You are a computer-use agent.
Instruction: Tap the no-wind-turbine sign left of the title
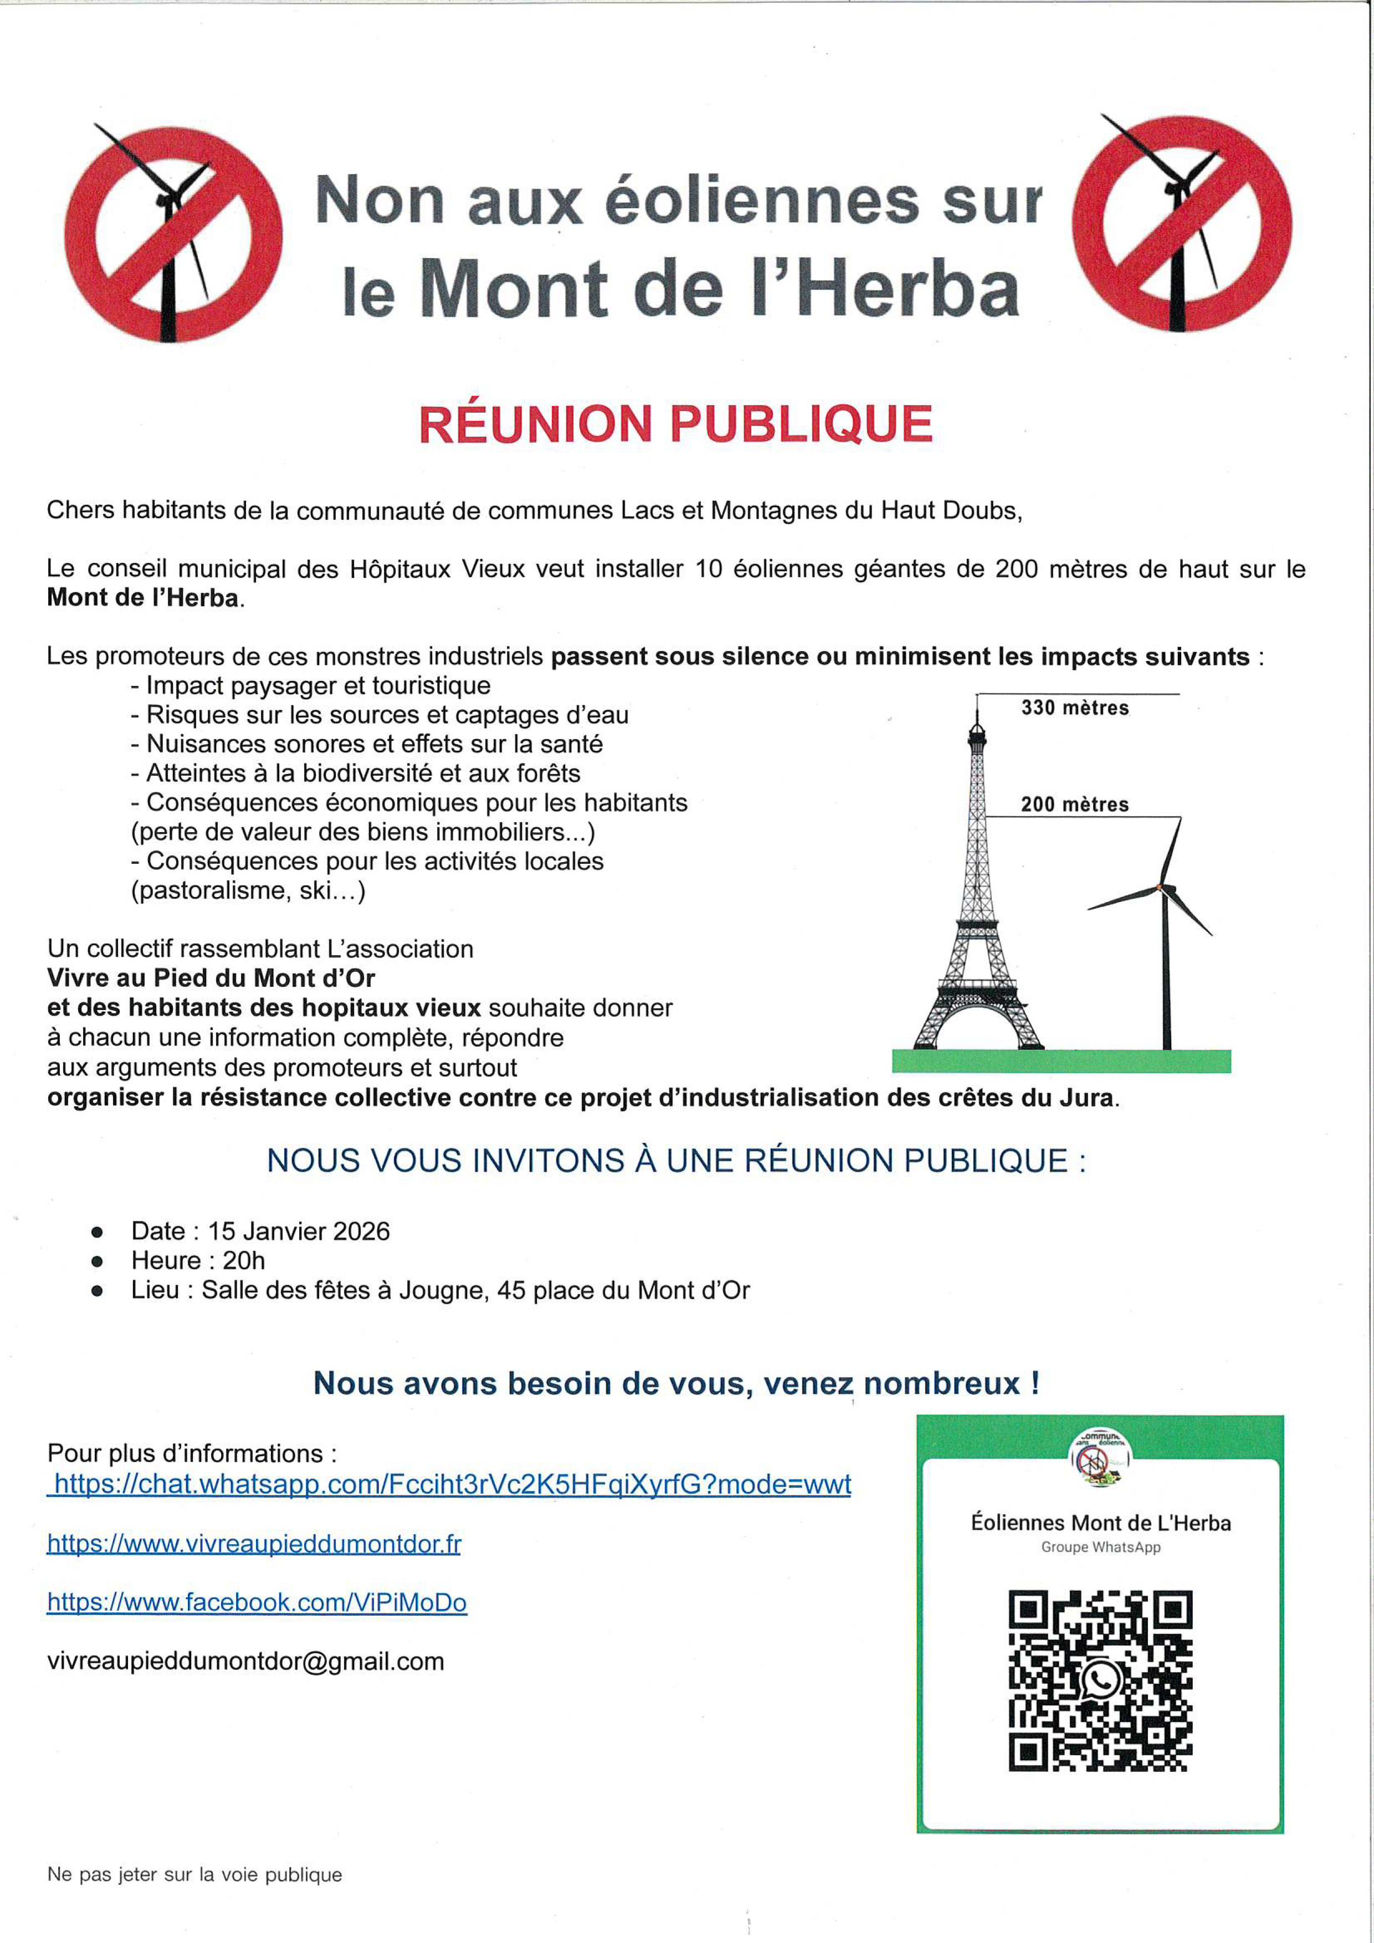173,234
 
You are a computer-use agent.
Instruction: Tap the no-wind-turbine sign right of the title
1181,223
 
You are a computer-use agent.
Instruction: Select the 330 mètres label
1074,708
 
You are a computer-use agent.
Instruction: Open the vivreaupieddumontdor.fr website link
254,1543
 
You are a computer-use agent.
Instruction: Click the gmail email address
245,1661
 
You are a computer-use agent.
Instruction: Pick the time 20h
244,1261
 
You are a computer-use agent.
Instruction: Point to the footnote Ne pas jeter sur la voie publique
194,1874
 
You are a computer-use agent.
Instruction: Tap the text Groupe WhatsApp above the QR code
1100,1547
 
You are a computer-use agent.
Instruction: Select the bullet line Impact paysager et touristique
318,685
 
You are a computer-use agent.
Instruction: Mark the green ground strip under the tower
1061,1061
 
